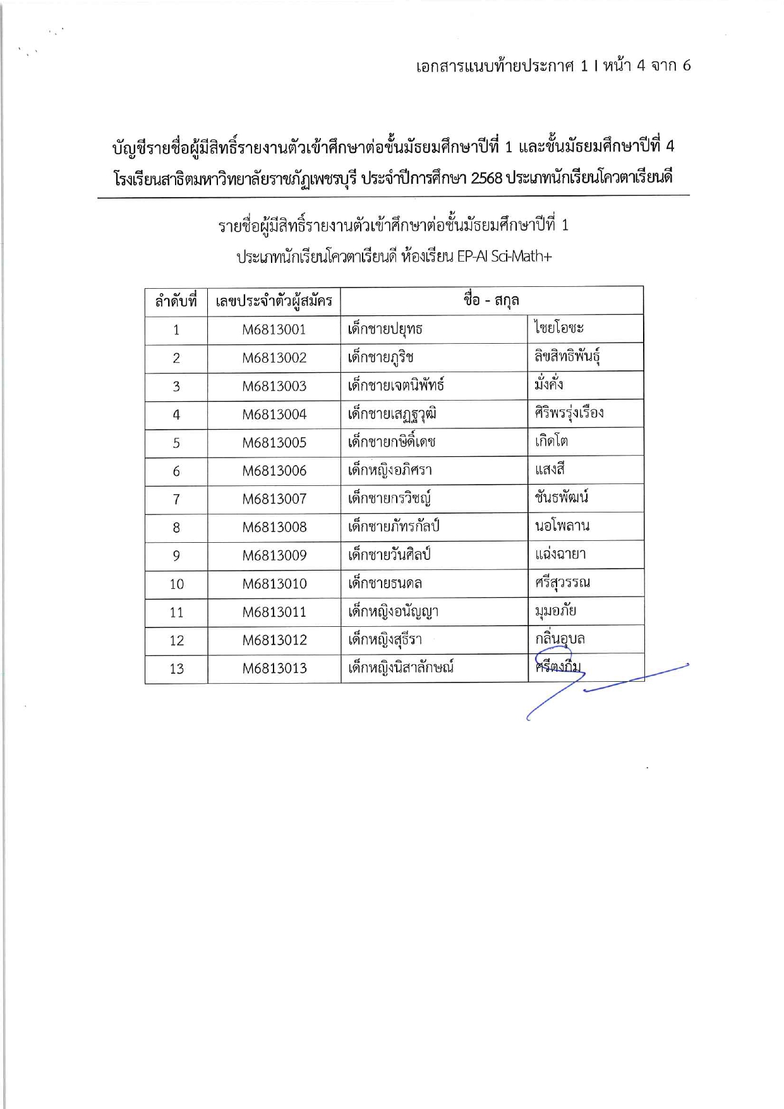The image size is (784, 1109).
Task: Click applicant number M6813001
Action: [274, 329]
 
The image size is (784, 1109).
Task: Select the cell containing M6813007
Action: [274, 499]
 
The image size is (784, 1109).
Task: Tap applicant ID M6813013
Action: [274, 669]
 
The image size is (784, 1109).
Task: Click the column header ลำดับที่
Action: [176, 301]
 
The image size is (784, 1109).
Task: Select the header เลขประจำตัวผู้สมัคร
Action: [274, 301]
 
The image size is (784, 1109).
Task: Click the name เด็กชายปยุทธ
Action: [385, 329]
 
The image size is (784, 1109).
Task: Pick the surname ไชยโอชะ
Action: [558, 328]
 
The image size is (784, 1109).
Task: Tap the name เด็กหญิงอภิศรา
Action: [390, 471]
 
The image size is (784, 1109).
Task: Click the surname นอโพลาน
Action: [562, 526]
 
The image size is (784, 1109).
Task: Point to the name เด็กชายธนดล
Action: [385, 583]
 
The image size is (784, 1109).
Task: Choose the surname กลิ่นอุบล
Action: [560, 639]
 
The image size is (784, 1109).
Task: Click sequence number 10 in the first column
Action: [176, 584]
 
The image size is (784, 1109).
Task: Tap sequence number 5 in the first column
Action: [176, 443]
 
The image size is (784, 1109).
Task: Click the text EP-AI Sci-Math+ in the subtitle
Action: [504, 257]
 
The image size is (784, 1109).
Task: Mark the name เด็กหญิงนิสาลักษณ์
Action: [401, 668]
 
